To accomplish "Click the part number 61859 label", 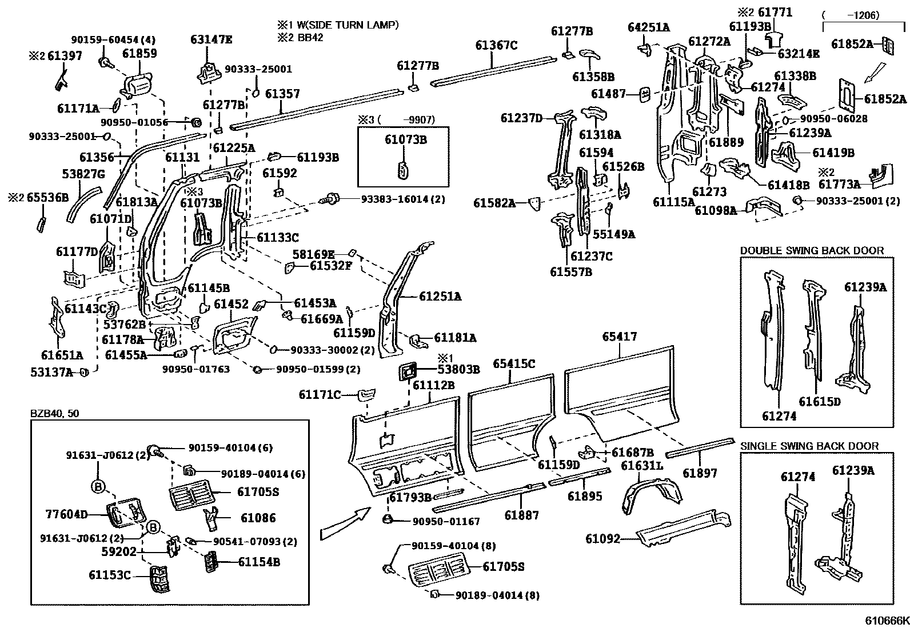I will point(139,54).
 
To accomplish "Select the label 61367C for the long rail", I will point(496,45).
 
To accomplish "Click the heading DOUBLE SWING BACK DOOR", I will point(812,250).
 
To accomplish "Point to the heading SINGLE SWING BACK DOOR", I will point(809,446).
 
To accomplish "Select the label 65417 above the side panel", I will point(619,337).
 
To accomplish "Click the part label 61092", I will point(602,538).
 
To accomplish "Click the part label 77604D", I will point(67,514).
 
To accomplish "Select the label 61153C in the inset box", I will point(110,575).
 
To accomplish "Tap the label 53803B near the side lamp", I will point(458,369).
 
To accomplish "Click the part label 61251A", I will point(440,296).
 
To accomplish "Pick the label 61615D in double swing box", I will point(819,401).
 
